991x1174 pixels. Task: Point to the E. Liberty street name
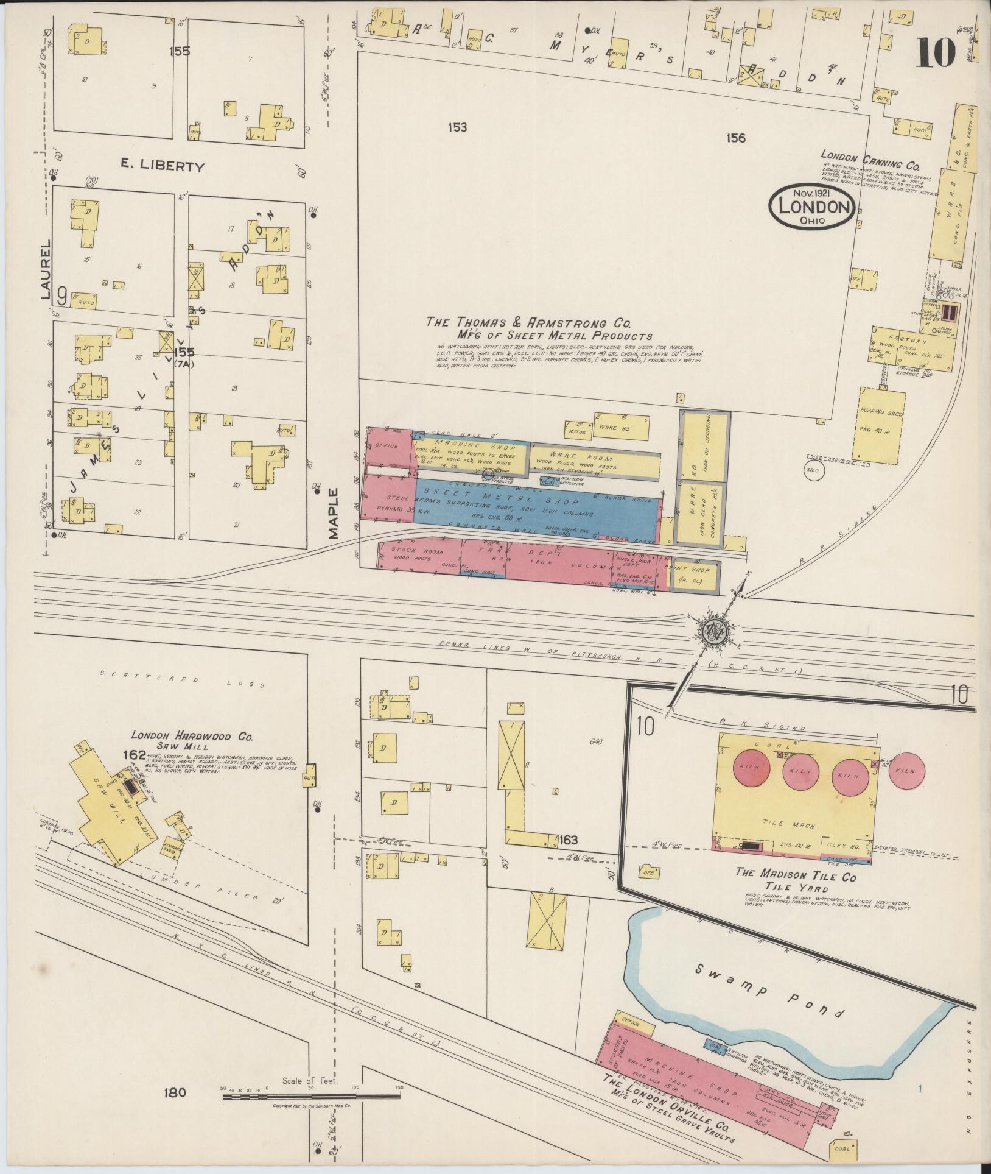(x=161, y=166)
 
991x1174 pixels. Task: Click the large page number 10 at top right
(x=934, y=52)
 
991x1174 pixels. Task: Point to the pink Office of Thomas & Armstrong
(x=386, y=446)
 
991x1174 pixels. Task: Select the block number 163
(x=569, y=841)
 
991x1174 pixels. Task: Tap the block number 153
(x=457, y=127)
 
